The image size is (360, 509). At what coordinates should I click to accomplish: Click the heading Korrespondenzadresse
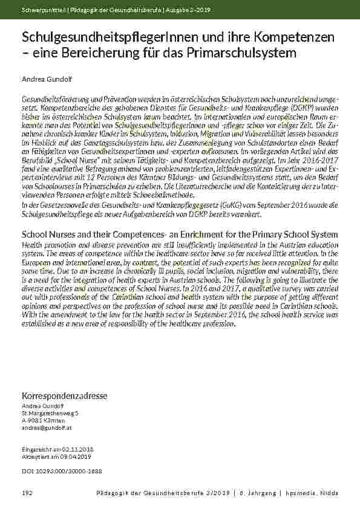(64, 395)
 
